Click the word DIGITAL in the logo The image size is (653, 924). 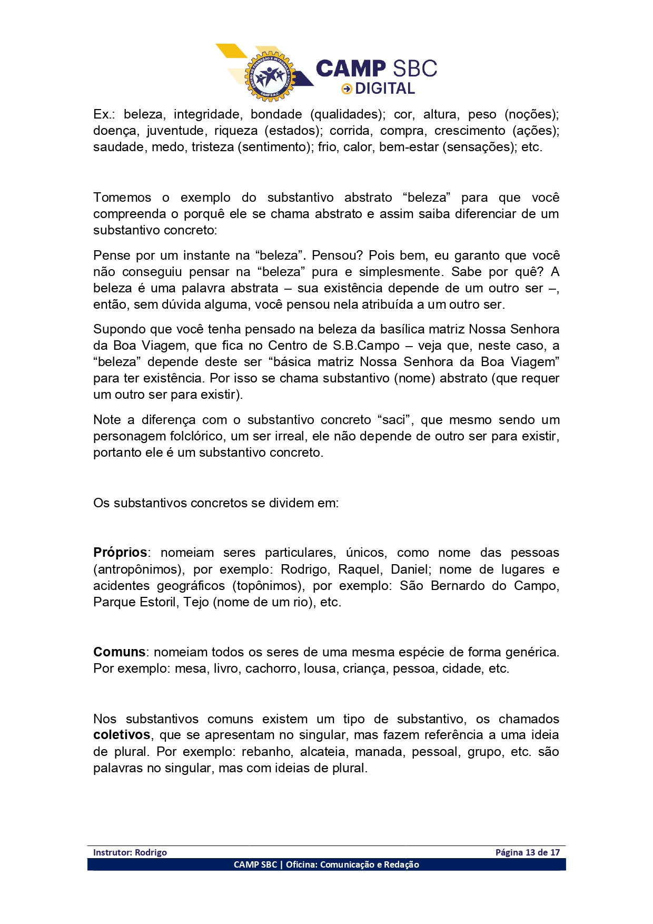click(x=385, y=89)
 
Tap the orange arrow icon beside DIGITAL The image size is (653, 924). click(x=347, y=89)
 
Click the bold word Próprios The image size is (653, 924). click(x=120, y=553)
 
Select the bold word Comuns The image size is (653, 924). click(x=119, y=652)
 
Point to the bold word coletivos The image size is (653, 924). click(x=122, y=735)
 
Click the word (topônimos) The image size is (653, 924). click(x=268, y=586)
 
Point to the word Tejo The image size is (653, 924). click(x=196, y=602)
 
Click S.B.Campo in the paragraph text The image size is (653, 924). click(x=366, y=346)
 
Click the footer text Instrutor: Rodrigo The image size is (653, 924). click(x=130, y=852)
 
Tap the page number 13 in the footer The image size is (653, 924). click(x=530, y=852)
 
